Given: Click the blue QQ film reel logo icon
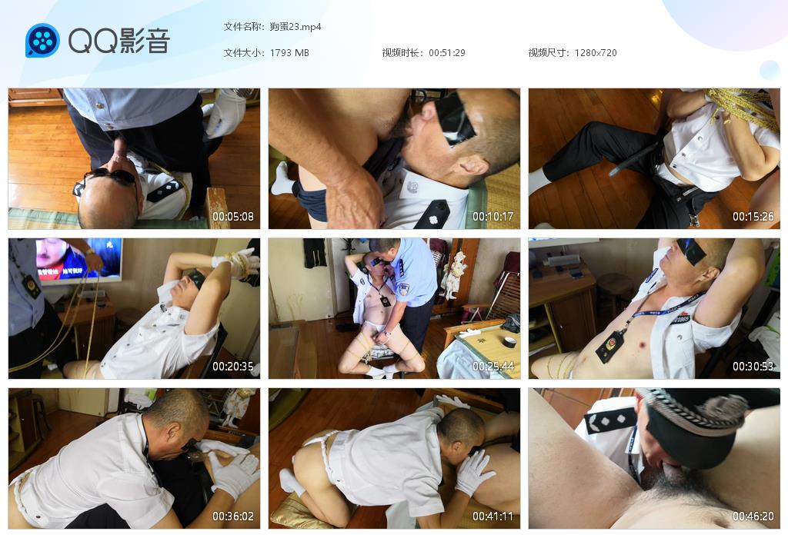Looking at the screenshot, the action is (43, 40).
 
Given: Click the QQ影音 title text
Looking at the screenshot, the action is (119, 41).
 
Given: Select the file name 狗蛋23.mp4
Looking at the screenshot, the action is (295, 27).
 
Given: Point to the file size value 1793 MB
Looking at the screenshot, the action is (289, 53).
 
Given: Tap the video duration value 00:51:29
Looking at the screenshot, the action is (447, 53).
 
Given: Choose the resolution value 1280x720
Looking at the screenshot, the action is (596, 53).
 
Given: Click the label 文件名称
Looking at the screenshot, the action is (242, 27).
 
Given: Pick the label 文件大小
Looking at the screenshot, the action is (242, 53).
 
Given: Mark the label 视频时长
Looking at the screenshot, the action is (400, 53).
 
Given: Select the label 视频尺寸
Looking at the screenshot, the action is (547, 53).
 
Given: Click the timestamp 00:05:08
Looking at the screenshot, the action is (232, 217).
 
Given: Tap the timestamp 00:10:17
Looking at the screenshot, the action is (493, 217).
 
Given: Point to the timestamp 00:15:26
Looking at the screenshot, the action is (753, 217).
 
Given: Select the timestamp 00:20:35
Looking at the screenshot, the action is (232, 367).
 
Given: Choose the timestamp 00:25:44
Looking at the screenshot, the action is (493, 367).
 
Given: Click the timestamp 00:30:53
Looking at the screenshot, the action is (753, 367).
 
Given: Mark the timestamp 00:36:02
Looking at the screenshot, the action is (232, 516).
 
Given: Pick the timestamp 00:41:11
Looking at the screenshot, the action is (493, 516).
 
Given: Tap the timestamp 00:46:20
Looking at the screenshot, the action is (753, 516).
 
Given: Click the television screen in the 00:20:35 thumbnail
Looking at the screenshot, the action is (79, 259).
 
